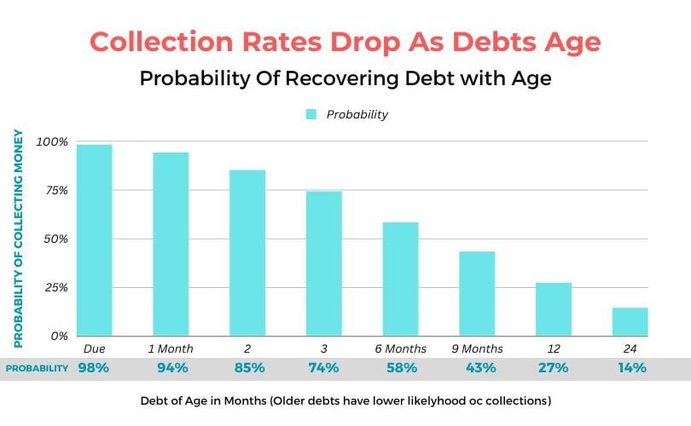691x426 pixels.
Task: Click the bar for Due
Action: coord(94,240)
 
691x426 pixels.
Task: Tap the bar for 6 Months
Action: coord(400,279)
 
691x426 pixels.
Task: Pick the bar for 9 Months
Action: coord(477,293)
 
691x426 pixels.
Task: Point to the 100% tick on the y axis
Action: coord(51,141)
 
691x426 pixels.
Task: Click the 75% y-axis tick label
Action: coord(55,190)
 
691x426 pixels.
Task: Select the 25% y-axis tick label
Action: coord(55,287)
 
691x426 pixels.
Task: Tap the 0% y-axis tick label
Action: coord(58,336)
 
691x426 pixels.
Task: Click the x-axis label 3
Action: coord(323,348)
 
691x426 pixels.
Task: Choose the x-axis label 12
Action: coord(553,348)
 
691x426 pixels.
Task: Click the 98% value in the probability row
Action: coord(94,368)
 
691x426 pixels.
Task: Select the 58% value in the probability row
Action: coord(400,368)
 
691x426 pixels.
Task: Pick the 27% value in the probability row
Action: coord(553,368)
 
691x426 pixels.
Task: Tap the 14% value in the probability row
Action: coord(630,368)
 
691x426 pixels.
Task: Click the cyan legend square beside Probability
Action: coord(311,114)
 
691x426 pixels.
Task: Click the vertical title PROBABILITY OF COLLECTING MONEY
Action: coord(18,239)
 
